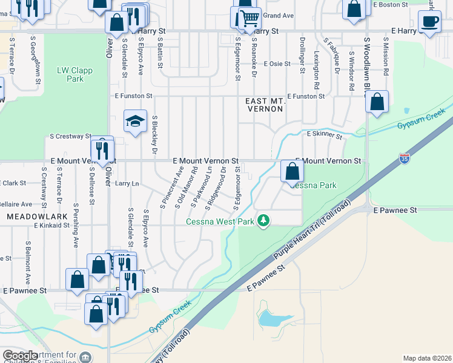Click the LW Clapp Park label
[x=74, y=74]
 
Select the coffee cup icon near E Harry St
[x=430, y=22]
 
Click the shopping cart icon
[x=249, y=19]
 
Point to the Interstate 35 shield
[x=405, y=159]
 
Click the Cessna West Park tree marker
[x=263, y=220]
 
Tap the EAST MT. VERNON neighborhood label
[x=265, y=105]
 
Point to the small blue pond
[x=268, y=318]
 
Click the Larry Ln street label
[x=127, y=183]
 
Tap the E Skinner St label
[x=325, y=134]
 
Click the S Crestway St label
[x=70, y=137]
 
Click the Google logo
[x=19, y=356]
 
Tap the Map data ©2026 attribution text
[x=427, y=358]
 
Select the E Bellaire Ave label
[x=16, y=204]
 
